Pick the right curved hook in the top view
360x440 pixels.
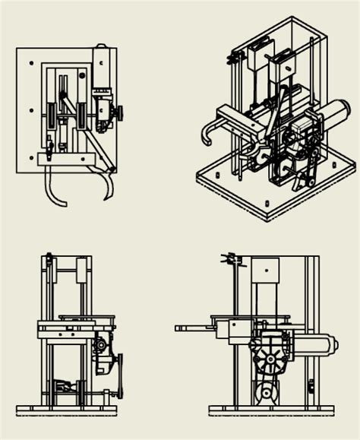tap(109, 186)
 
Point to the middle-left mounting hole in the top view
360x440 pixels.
tap(31, 110)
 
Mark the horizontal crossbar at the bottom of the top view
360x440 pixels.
tap(65, 159)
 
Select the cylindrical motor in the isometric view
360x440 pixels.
tap(333, 116)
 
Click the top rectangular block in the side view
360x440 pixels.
tap(265, 268)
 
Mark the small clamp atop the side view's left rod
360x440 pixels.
tap(232, 260)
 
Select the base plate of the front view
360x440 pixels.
tap(67, 410)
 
